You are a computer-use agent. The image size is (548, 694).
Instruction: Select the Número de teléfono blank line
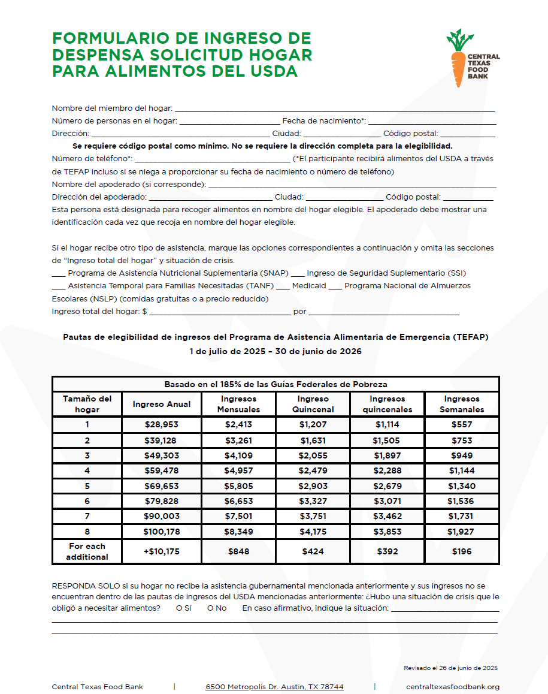pyautogui.click(x=212, y=160)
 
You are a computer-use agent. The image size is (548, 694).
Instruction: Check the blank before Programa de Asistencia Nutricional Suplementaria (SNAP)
pyautogui.click(x=58, y=274)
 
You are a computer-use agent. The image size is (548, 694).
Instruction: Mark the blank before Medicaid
pyautogui.click(x=283, y=286)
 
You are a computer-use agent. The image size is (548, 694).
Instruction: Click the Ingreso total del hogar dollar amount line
pyautogui.click(x=219, y=313)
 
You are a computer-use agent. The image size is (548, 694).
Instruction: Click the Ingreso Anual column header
pyautogui.click(x=162, y=405)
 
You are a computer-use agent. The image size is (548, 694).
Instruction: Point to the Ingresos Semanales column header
pyautogui.click(x=462, y=405)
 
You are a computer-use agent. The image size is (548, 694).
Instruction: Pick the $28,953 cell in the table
pyautogui.click(x=162, y=425)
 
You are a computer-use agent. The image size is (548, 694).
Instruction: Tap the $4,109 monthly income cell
pyautogui.click(x=238, y=455)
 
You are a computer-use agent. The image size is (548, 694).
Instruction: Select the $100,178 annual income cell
pyautogui.click(x=162, y=532)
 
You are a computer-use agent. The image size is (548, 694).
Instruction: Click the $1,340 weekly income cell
pyautogui.click(x=462, y=486)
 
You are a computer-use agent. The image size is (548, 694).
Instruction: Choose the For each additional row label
pyautogui.click(x=87, y=552)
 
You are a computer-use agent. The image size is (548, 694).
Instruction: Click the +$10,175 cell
pyautogui.click(x=162, y=552)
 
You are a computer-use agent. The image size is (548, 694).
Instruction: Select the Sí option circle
pyautogui.click(x=179, y=609)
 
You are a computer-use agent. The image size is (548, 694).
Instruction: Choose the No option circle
pyautogui.click(x=210, y=609)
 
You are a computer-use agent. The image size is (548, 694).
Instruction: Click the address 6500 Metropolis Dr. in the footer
pyautogui.click(x=274, y=687)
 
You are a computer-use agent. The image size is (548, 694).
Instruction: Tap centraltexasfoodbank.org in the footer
pyautogui.click(x=452, y=687)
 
